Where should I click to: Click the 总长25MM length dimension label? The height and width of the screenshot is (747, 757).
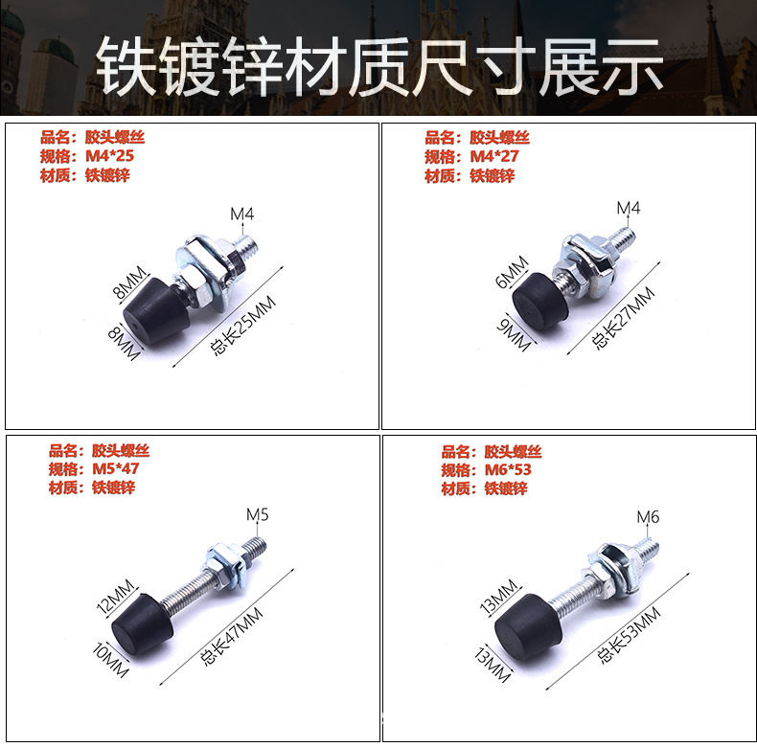242,326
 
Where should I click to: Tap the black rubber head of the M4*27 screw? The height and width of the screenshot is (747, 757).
537,298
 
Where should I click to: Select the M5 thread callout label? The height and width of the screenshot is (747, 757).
258,515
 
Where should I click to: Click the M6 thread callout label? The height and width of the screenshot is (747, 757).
649,517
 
